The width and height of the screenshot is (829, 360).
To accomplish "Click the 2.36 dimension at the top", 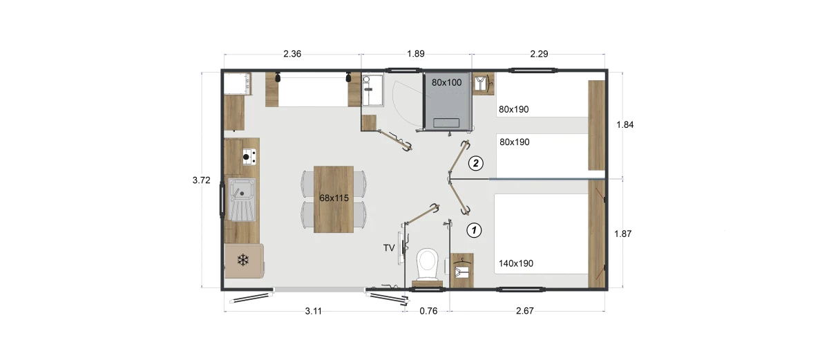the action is [x=292, y=54].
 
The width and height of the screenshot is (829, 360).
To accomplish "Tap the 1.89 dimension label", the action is [x=416, y=54].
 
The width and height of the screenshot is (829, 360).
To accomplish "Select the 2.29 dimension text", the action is [x=539, y=54].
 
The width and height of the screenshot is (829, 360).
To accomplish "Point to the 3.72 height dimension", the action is [x=201, y=180].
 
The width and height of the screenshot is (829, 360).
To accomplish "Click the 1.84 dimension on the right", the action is [x=625, y=125].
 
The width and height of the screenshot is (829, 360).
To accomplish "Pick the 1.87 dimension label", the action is [x=623, y=234].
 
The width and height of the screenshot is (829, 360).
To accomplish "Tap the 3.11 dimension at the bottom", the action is [x=313, y=311].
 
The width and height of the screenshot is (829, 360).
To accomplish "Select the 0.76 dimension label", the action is [x=428, y=311].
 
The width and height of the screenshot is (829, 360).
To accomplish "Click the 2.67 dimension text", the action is [x=525, y=311].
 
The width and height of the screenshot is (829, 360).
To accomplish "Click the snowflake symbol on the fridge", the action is [x=242, y=260].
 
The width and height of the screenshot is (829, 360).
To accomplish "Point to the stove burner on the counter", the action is [x=246, y=157].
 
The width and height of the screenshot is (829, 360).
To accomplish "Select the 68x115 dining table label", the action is [x=334, y=198].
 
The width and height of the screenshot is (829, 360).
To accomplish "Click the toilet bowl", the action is [x=428, y=264].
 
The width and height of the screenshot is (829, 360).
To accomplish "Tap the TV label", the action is [x=389, y=248].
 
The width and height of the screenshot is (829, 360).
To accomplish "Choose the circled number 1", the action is [x=474, y=231].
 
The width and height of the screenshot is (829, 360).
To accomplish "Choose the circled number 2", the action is [x=475, y=163].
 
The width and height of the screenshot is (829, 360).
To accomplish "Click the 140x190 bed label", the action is [x=516, y=263].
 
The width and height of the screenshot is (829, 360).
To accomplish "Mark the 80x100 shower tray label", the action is [x=446, y=82].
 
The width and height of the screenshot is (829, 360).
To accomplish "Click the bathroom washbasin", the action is [x=372, y=90].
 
